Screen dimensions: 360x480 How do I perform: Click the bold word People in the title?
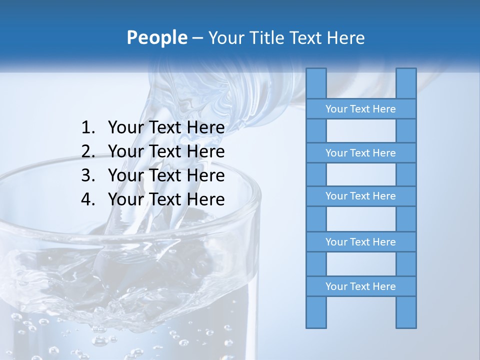156,37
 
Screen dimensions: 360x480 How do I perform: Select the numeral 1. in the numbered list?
88,128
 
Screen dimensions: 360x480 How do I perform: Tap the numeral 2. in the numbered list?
88,151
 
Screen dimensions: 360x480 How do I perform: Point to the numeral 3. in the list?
88,175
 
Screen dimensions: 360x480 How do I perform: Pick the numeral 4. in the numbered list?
88,199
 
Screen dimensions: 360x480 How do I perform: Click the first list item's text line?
166,128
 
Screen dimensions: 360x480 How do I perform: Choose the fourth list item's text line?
166,199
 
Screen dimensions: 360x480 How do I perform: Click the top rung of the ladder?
360,109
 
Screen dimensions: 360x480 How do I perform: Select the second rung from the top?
360,153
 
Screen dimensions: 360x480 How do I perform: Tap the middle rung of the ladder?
360,196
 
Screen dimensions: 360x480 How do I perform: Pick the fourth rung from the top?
360,242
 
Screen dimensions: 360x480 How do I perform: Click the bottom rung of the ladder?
360,286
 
